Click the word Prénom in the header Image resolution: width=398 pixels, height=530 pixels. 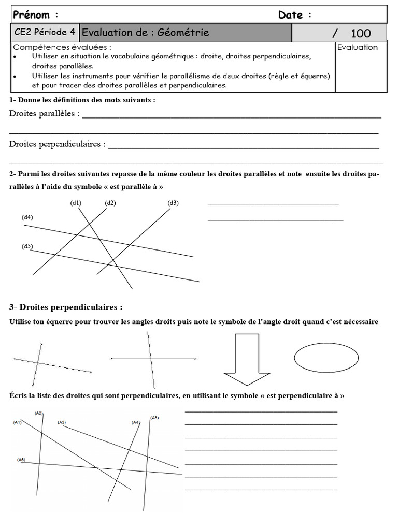32,14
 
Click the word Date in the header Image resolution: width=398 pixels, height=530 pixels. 291,15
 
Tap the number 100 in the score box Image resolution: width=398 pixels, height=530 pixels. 361,34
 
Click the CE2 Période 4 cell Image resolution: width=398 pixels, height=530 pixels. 45,33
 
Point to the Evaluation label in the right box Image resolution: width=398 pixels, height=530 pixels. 358,47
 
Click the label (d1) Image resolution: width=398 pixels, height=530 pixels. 76,203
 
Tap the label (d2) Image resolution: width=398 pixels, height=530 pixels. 110,203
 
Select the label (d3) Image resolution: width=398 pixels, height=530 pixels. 173,203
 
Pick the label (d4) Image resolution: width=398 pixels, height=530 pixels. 27,217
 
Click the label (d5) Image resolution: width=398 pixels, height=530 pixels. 27,246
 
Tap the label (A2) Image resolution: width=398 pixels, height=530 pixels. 39,413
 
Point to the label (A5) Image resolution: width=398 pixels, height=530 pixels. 154,417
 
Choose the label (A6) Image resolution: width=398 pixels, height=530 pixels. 21,460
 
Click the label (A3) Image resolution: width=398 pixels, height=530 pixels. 62,423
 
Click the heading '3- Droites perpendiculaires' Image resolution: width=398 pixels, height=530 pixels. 66,307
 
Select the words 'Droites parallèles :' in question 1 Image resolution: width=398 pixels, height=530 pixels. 45,114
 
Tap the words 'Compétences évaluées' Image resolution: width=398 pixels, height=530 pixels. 62,47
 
